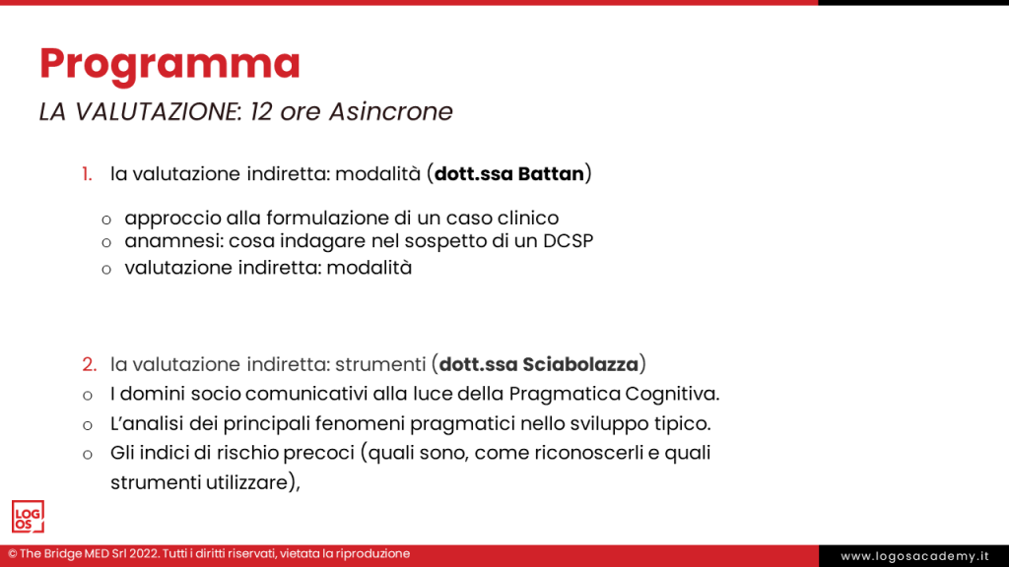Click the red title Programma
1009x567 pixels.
coord(169,64)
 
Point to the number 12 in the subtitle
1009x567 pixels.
coord(261,112)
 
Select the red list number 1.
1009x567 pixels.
coord(87,175)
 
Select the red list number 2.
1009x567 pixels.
coord(89,365)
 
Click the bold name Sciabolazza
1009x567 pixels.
coord(581,365)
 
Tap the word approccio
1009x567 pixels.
coord(168,219)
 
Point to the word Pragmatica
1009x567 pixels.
coord(565,395)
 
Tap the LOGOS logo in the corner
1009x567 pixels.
coord(28,517)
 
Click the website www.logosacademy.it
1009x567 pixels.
coord(914,556)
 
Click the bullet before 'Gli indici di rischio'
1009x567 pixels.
coord(87,454)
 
